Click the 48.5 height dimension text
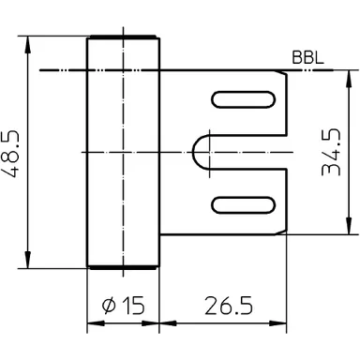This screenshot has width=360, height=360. tap(14, 152)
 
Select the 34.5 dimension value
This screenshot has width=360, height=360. tap(330, 152)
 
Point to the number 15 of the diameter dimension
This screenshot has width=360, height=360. tap(132, 306)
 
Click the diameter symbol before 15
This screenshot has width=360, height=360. tap(106, 306)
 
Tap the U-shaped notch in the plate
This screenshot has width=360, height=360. tap(208, 151)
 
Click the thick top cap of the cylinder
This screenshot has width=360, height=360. tap(123, 37)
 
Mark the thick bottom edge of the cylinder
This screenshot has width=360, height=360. tap(123, 268)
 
